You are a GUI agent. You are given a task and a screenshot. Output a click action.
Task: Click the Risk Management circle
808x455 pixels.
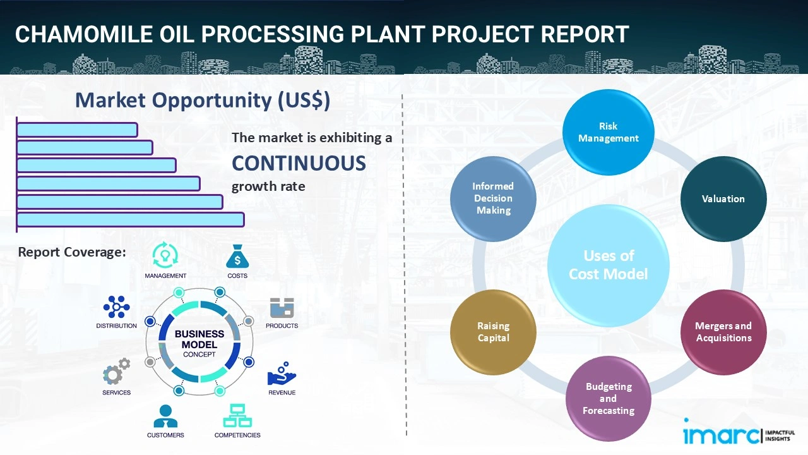pyautogui.click(x=608, y=132)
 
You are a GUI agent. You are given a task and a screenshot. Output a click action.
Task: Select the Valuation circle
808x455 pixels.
pyautogui.click(x=723, y=198)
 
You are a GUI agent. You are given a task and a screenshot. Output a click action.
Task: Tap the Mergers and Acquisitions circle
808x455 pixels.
pyautogui.click(x=723, y=332)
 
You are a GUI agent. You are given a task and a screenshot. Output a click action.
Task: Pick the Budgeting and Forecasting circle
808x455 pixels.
pyautogui.click(x=608, y=398)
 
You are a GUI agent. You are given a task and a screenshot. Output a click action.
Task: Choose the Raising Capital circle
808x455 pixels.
pyautogui.click(x=493, y=332)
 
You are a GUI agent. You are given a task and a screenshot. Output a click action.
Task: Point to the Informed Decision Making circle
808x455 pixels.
pyautogui.click(x=493, y=198)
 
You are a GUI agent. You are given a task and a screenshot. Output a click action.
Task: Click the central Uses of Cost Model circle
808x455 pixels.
pyautogui.click(x=608, y=265)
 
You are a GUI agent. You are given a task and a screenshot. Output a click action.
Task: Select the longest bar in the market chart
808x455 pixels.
pyautogui.click(x=130, y=219)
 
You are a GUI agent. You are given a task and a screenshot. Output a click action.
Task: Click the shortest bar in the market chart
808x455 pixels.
pyautogui.click(x=77, y=130)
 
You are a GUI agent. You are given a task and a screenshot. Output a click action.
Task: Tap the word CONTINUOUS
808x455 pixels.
pyautogui.click(x=299, y=164)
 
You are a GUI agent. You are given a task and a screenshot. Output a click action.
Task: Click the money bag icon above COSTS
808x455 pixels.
pyautogui.click(x=237, y=257)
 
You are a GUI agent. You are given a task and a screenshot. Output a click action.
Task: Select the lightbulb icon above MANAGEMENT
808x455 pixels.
pyautogui.click(x=165, y=255)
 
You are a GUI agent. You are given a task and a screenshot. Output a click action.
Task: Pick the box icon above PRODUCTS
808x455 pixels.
pyautogui.click(x=282, y=308)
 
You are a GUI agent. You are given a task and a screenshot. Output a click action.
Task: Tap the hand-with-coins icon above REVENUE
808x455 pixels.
pyautogui.click(x=282, y=374)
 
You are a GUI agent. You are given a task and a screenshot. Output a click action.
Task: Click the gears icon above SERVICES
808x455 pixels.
pyautogui.click(x=116, y=372)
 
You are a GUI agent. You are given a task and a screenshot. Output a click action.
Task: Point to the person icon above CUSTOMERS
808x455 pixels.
pyautogui.click(x=165, y=416)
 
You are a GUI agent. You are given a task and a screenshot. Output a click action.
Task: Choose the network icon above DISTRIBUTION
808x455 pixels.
pyautogui.click(x=117, y=307)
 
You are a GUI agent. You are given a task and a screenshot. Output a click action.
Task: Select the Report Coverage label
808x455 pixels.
pyautogui.click(x=72, y=252)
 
